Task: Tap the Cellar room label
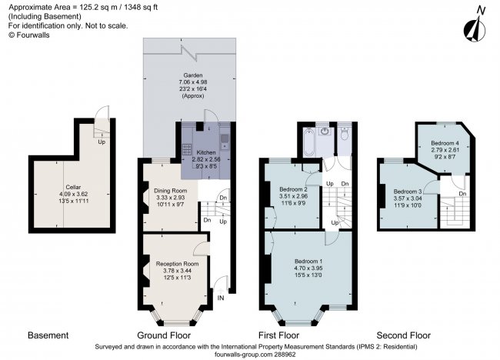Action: [x=74, y=187]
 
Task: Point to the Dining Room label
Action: [x=170, y=190]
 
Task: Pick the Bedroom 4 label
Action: [x=443, y=143]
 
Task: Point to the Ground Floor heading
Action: [x=165, y=336]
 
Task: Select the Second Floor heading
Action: [x=403, y=336]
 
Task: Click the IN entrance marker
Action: [x=222, y=297]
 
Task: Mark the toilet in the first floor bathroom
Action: [x=345, y=135]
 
